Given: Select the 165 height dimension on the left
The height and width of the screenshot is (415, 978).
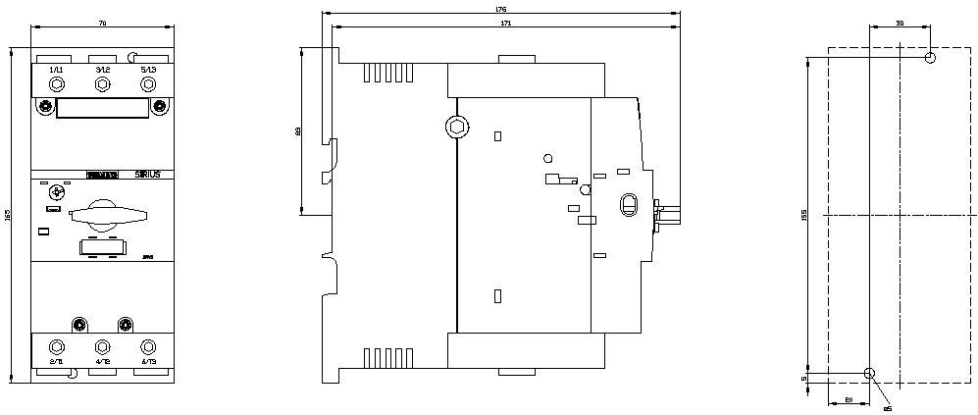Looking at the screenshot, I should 9,214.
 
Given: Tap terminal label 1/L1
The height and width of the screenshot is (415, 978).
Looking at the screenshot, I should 56,70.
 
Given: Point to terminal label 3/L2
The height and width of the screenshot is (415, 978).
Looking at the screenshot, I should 102,70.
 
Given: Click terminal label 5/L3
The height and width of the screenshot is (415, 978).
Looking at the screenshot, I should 148,70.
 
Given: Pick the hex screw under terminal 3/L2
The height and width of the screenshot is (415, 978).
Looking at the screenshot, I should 102,85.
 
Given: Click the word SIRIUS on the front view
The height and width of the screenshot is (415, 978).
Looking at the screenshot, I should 148,174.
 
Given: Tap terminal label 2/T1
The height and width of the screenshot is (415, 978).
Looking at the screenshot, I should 56,362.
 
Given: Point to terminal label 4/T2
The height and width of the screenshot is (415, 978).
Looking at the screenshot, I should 102,362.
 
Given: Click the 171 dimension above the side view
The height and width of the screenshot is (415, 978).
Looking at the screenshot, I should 505,22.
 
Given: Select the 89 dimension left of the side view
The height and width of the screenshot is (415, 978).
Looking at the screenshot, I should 297,130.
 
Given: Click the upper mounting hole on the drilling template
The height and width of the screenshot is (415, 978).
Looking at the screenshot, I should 930,58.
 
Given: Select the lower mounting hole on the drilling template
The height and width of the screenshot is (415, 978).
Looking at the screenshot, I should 868,373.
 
